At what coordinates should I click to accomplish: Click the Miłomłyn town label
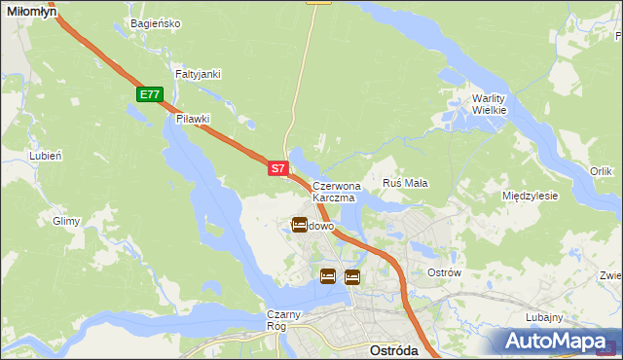pyautogui.click(x=29, y=10)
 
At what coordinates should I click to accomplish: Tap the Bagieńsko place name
pyautogui.click(x=154, y=23)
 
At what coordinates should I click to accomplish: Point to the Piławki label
pyautogui.click(x=193, y=119)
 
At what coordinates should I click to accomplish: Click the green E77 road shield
pyautogui.click(x=149, y=94)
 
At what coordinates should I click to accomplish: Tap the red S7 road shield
pyautogui.click(x=277, y=168)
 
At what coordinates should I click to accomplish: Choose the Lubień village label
pyautogui.click(x=46, y=156)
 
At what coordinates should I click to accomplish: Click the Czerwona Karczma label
pyautogui.click(x=337, y=191)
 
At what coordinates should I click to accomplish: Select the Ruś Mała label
pyautogui.click(x=406, y=183)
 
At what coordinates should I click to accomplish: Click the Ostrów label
pyautogui.click(x=444, y=272)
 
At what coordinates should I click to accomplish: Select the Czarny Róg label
pyautogui.click(x=284, y=320)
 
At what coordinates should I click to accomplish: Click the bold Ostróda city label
pyautogui.click(x=394, y=349)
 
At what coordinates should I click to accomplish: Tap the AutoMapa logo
pyautogui.click(x=559, y=342)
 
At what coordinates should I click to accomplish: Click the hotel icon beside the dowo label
pyautogui.click(x=300, y=225)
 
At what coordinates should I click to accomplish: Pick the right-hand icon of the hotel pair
pyautogui.click(x=351, y=276)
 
